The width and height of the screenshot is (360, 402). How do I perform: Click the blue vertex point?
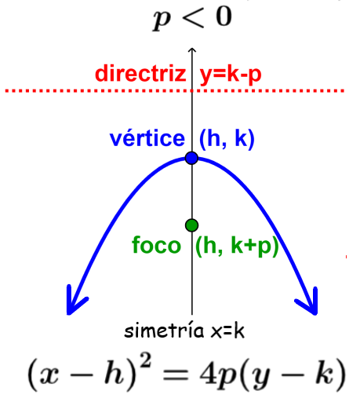coord(191,158)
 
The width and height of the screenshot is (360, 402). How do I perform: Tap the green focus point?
coord(191,225)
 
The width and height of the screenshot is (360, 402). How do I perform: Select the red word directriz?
coord(140,73)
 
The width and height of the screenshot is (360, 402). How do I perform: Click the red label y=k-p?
coord(231,75)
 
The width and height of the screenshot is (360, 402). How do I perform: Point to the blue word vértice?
coord(147,138)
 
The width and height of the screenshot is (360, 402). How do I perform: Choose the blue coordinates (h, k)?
coord(227,139)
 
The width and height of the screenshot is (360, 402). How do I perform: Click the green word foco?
coord(156,245)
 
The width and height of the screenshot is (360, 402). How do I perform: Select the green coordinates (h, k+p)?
coord(237,246)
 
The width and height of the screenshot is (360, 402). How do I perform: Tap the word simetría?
coord(164,331)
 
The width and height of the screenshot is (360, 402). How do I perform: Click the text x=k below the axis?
coord(227,331)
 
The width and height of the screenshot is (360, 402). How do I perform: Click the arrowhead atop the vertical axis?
coord(192,49)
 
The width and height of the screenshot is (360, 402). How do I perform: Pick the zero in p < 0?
coord(224,16)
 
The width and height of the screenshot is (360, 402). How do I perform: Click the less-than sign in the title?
coord(192,17)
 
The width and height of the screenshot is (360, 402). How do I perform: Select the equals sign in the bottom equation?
coord(176,375)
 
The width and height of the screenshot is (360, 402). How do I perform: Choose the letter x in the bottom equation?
coord(49,375)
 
